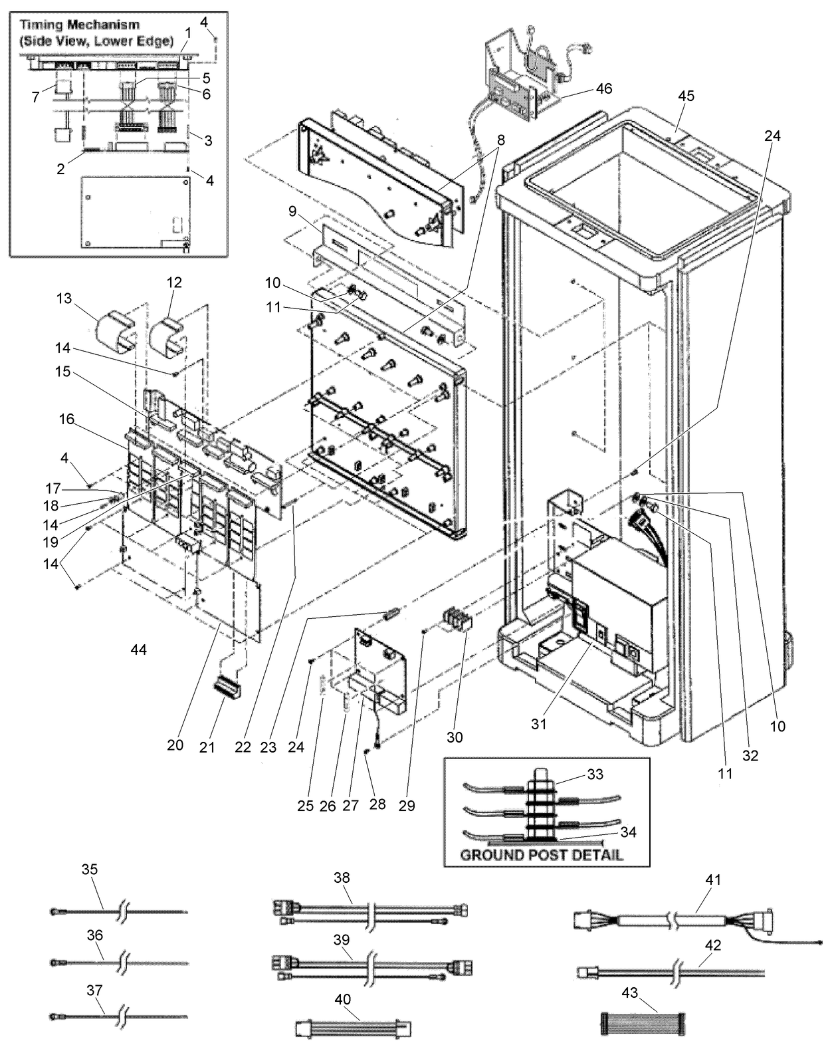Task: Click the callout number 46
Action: pyautogui.click(x=604, y=88)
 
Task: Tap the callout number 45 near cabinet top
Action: pyautogui.click(x=686, y=96)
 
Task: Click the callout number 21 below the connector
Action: pyautogui.click(x=208, y=747)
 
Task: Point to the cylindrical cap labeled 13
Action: pyautogui.click(x=116, y=331)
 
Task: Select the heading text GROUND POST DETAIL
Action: pyautogui.click(x=542, y=854)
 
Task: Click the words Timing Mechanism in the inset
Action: pyautogui.click(x=80, y=25)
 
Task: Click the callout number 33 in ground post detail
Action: pyautogui.click(x=595, y=774)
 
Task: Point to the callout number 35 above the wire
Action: pyautogui.click(x=90, y=869)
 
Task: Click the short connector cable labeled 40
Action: pyautogui.click(x=353, y=1029)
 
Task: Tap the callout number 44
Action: pyautogui.click(x=138, y=649)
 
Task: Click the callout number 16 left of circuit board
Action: pyautogui.click(x=66, y=419)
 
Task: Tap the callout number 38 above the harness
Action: pyautogui.click(x=342, y=878)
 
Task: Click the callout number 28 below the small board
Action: pyautogui.click(x=377, y=805)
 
